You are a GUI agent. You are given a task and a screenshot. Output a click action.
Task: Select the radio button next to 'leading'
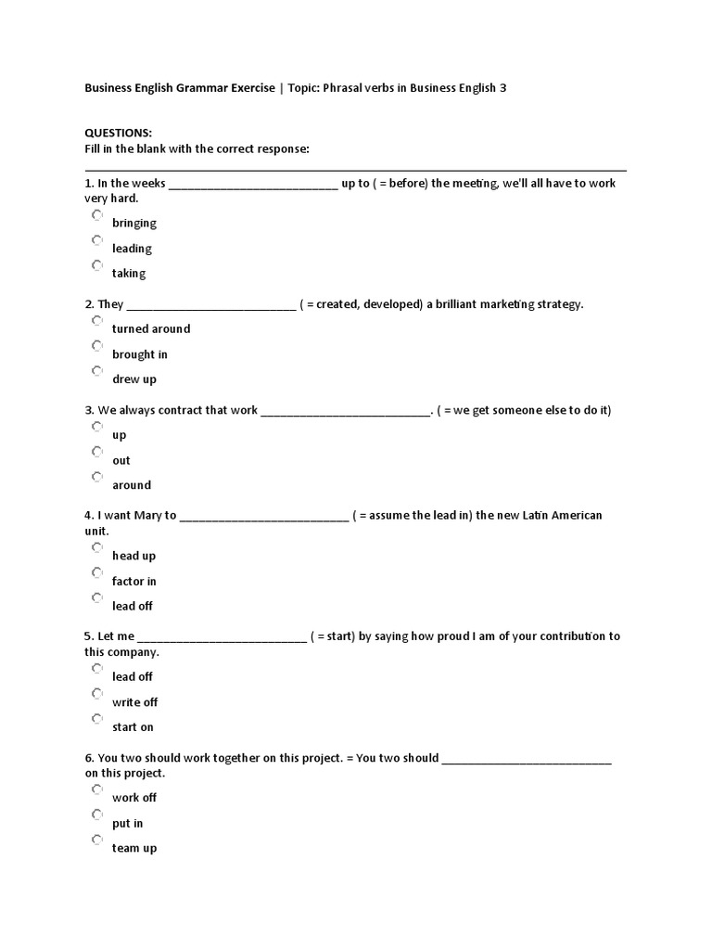click(x=97, y=240)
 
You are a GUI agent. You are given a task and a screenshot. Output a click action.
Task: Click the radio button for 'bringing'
click(x=97, y=215)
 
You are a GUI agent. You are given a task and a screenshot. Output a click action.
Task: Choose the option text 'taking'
click(x=129, y=274)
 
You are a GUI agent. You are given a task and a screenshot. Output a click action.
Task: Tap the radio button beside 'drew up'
click(x=97, y=371)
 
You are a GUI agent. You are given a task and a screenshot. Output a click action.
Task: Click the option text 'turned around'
click(x=151, y=329)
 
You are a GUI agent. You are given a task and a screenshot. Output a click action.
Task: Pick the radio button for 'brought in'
click(x=97, y=346)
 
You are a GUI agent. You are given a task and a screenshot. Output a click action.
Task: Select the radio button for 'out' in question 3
click(x=97, y=452)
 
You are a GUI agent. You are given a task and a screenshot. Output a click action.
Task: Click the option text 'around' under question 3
click(x=132, y=485)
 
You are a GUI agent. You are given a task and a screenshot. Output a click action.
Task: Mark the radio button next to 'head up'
click(x=97, y=547)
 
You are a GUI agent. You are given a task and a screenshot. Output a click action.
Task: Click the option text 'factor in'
click(x=134, y=582)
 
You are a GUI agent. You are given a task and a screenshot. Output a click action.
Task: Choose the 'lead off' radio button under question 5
click(x=97, y=668)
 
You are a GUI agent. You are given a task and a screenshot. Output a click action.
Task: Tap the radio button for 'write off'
click(x=97, y=694)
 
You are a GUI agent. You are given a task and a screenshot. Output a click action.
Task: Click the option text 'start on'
click(x=133, y=727)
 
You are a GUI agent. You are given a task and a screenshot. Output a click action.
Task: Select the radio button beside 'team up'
click(x=97, y=840)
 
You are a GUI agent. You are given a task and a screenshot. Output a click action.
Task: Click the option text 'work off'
click(x=134, y=798)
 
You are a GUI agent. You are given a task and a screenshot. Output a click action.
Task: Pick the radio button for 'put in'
click(x=97, y=815)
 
